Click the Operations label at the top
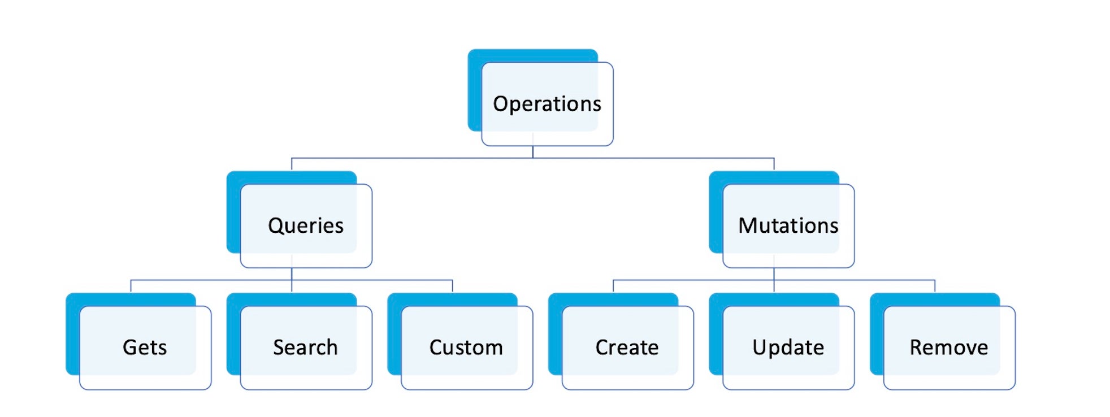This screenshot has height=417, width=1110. point(547,104)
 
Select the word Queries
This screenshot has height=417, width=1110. point(305,225)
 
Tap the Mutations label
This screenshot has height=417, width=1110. point(788,225)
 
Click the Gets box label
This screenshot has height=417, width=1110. point(145,347)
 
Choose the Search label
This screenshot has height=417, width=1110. point(305,347)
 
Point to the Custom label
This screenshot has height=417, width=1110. point(466,347)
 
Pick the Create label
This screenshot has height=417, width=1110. point(627,347)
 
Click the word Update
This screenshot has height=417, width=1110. point(788,347)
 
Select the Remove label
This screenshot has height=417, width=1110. point(948,347)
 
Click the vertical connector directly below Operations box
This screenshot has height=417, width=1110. point(533,151)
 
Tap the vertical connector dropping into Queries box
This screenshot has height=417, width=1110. point(292,164)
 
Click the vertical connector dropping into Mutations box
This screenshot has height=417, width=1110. point(774,164)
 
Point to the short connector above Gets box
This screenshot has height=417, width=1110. point(131,286)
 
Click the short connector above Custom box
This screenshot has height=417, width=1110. point(452,286)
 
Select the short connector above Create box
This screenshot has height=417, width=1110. point(613,286)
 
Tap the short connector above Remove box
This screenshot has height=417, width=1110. point(935,286)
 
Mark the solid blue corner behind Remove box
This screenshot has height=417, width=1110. point(877,333)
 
